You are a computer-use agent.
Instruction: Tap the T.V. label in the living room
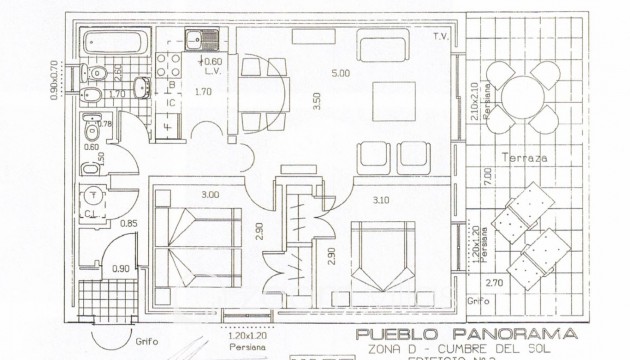tap(438, 37)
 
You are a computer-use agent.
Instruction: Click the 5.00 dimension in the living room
tap(341, 73)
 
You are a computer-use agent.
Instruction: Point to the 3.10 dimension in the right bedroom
tap(380, 201)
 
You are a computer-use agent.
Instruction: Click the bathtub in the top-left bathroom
tap(114, 44)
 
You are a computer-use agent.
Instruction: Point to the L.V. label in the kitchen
tap(214, 72)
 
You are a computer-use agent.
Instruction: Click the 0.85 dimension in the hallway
tap(129, 223)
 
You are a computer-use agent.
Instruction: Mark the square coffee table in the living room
tap(389, 100)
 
